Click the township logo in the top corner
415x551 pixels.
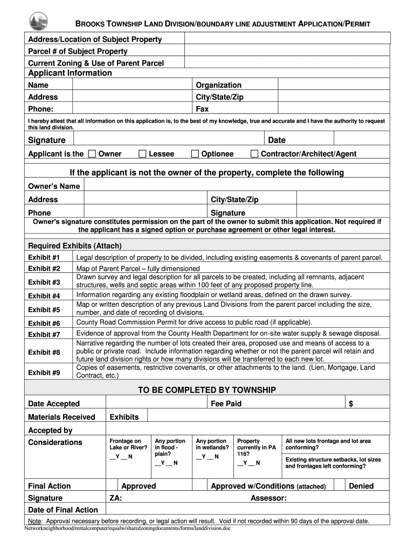point(38,21)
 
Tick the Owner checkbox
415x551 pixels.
point(92,154)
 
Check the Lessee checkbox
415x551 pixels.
point(142,154)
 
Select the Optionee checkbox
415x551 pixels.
point(195,154)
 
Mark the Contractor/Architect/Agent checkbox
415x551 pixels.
point(254,154)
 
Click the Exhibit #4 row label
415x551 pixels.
point(44,296)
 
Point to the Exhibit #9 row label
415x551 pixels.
point(44,372)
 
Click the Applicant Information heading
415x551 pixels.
point(70,73)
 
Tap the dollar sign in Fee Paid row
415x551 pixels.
point(351,404)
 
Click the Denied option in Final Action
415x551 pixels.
point(361,486)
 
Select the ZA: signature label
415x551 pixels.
point(115,498)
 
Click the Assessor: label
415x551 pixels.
point(268,498)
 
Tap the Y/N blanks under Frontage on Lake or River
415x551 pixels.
point(121,457)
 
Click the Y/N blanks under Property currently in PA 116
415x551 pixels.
point(248,463)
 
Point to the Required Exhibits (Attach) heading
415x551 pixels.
point(75,246)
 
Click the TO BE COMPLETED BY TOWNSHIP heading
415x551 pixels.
point(207,390)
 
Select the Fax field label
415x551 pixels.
point(202,109)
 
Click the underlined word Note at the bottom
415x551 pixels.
point(35,521)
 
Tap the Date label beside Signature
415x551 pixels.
point(276,140)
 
